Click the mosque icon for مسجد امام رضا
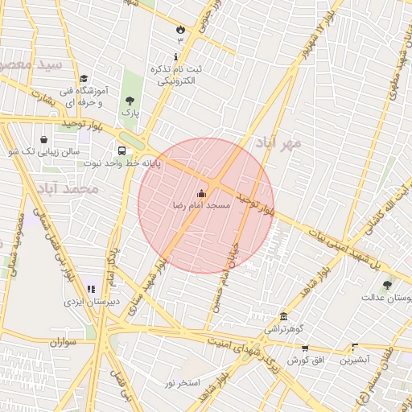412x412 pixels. click(x=201, y=193)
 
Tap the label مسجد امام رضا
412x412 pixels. click(x=201, y=206)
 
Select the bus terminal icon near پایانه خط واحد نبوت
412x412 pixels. click(x=122, y=150)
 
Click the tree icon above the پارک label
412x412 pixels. click(x=130, y=101)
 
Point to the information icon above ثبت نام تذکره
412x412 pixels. click(x=177, y=56)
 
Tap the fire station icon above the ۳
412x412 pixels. click(x=179, y=28)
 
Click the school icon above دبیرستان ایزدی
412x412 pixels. click(x=90, y=287)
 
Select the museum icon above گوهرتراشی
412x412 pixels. click(x=283, y=316)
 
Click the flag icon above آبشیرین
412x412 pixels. click(x=354, y=347)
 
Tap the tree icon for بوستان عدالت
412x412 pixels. click(x=388, y=284)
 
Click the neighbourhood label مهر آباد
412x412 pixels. click(x=278, y=143)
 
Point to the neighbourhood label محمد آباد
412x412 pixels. click(x=67, y=188)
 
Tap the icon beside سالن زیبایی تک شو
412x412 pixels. click(x=43, y=138)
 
